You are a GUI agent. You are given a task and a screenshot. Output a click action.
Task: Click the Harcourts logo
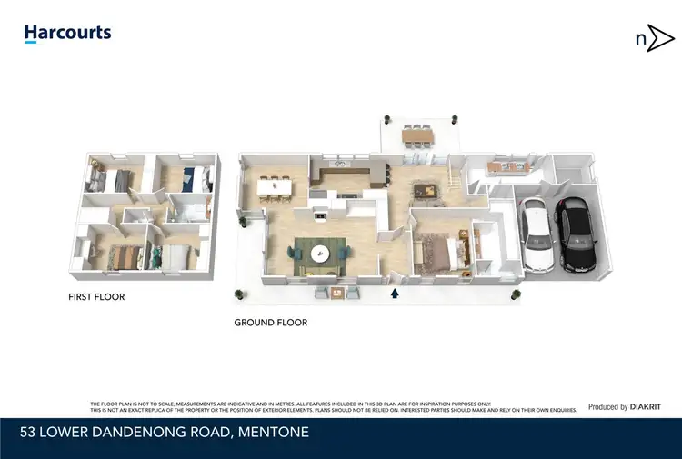coord(67,34)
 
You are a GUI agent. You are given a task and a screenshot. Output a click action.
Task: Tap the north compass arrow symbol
coord(654,40)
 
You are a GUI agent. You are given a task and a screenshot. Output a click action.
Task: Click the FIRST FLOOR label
coord(96,297)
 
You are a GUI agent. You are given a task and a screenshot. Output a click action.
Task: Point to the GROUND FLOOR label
coord(270,323)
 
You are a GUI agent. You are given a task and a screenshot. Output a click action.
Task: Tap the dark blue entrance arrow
coord(395,294)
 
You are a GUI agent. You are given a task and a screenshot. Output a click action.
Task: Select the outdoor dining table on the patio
coord(418,135)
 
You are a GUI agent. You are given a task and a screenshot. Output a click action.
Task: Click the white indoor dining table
coord(274,186)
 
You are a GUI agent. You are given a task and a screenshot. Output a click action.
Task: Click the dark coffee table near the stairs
coord(425,189)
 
